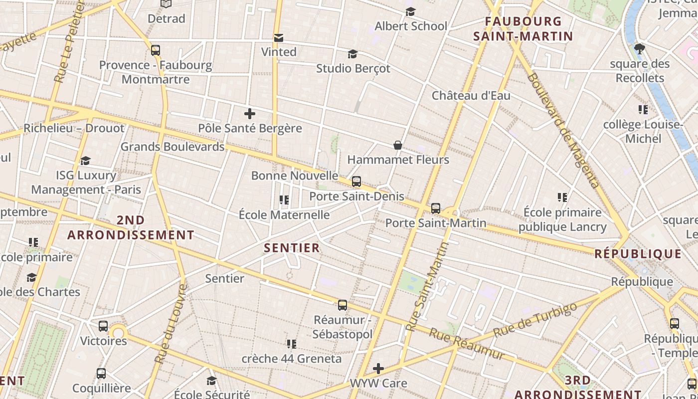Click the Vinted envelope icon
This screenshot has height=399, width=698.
279,38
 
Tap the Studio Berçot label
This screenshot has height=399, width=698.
353,68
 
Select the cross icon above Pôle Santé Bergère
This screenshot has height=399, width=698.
250,114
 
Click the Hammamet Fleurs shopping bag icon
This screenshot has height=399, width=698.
398,145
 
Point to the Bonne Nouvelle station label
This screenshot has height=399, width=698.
295,176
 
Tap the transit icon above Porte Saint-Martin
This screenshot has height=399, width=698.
436,208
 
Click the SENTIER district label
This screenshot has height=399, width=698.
292,248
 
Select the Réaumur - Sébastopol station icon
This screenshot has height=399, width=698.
343,305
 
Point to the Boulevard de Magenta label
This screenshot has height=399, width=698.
562,131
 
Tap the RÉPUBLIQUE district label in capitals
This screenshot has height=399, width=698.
638,254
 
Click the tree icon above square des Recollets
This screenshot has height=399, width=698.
640,49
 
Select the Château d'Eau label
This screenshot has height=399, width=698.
471,96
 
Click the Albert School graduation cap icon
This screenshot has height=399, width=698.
410,11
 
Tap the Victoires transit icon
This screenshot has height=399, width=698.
103,326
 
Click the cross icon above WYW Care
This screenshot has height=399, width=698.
378,369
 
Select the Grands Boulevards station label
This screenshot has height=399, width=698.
173,147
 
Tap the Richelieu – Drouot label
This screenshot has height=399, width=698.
74,128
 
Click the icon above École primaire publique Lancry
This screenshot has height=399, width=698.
562,198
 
